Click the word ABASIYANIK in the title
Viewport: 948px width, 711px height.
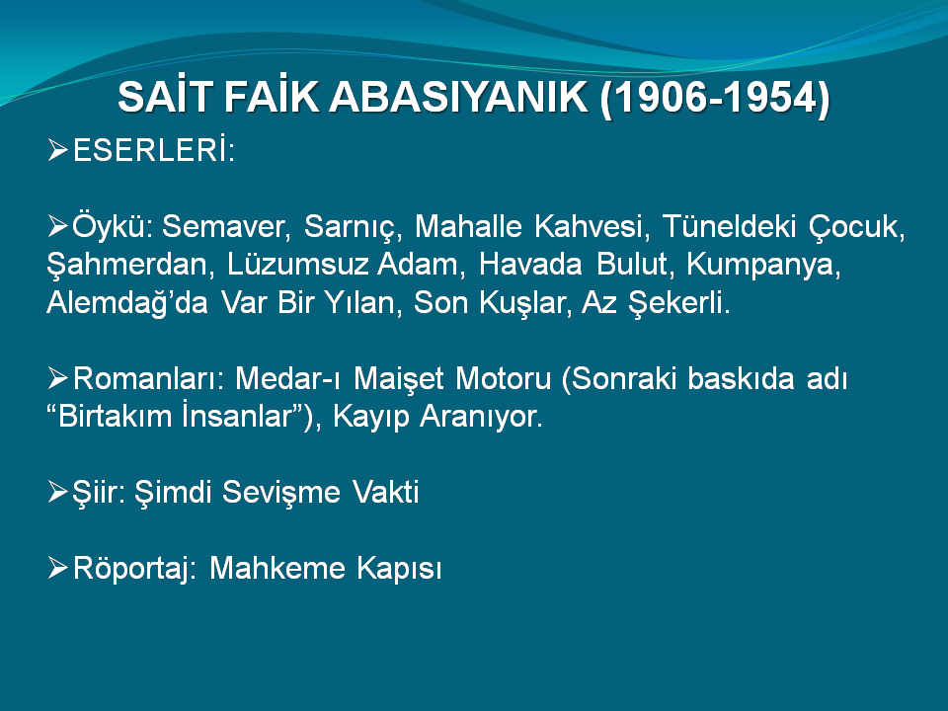pyautogui.click(x=458, y=97)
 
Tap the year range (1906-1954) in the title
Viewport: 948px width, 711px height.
pyautogui.click(x=715, y=98)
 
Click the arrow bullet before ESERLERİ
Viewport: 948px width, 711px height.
pyautogui.click(x=57, y=150)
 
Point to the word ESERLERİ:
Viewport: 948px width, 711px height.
pyautogui.click(x=154, y=149)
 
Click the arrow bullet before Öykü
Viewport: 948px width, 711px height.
pyautogui.click(x=57, y=226)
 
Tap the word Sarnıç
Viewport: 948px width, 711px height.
pyautogui.click(x=353, y=228)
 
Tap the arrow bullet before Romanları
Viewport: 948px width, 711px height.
pyautogui.click(x=57, y=378)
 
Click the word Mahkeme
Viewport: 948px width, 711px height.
pyautogui.click(x=277, y=568)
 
